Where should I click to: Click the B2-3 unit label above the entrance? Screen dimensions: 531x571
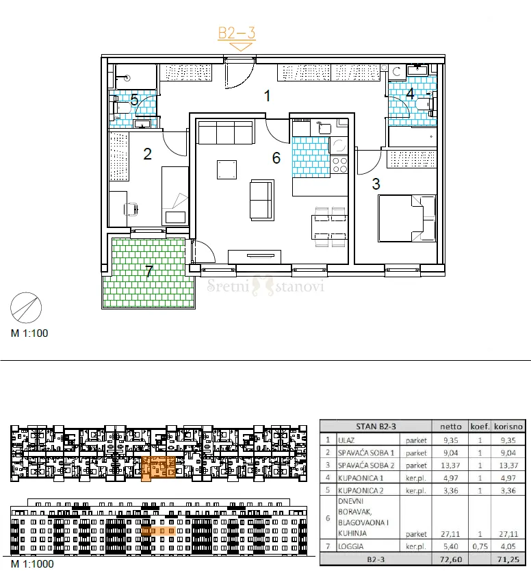pos(237,33)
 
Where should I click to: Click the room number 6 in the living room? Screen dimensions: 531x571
pos(276,158)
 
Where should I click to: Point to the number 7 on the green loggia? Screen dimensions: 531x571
pos(149,271)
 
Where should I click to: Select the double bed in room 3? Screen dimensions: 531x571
pos(407,218)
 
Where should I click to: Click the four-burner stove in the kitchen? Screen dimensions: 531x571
pos(339,165)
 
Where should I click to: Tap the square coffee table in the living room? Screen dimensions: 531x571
pos(226,170)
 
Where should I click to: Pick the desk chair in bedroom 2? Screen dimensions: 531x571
pos(132,210)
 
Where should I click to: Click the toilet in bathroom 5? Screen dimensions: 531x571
pos(121,107)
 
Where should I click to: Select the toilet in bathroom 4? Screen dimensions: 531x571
pos(426,105)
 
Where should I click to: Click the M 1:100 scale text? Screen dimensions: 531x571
pos(29,333)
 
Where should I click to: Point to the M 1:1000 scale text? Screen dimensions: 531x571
pos(32,563)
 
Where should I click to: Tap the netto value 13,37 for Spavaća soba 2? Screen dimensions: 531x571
pos(450,466)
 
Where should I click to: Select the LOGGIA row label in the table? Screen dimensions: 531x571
pos(350,546)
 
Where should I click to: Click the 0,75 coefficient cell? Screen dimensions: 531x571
pos(480,546)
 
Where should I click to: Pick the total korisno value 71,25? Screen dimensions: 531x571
pos(508,559)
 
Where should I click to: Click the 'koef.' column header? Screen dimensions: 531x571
pos(480,427)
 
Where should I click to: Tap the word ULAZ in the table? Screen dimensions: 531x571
pos(346,440)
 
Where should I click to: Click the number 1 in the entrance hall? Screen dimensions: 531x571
pos(268,96)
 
